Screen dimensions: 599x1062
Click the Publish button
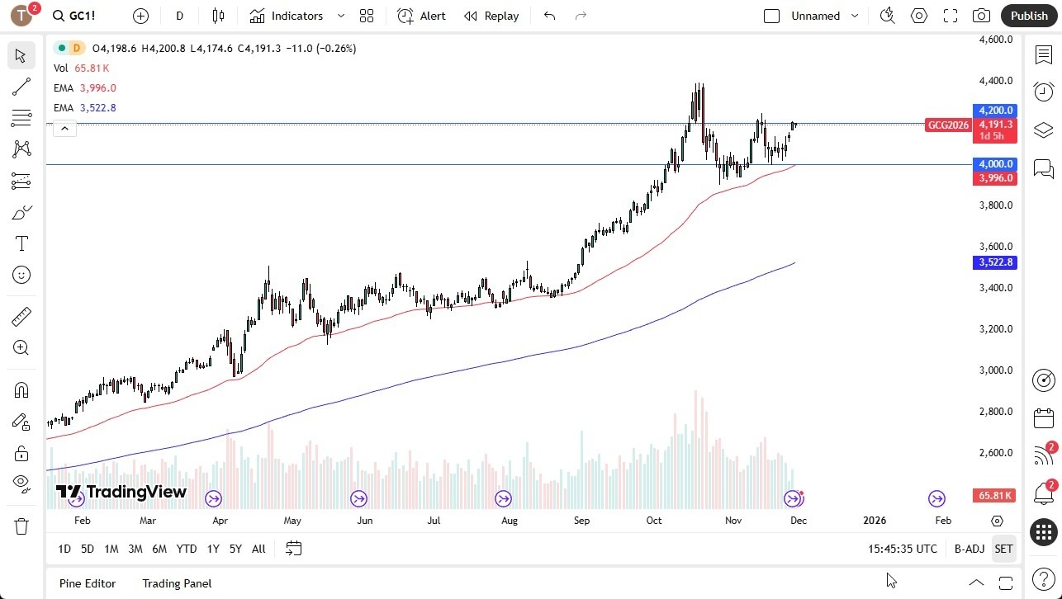[x=1028, y=16]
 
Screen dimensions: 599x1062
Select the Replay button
[x=491, y=16]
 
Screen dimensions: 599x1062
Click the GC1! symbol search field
[x=75, y=16]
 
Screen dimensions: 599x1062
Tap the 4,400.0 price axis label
[x=994, y=81]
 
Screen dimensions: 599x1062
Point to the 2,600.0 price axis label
[x=994, y=453]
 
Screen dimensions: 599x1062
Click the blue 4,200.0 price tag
[x=996, y=111]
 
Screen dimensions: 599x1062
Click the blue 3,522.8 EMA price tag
[x=996, y=262]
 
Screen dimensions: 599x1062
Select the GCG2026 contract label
[x=947, y=125]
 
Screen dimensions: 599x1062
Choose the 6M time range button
[x=159, y=549]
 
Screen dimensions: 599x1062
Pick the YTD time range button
[x=187, y=549]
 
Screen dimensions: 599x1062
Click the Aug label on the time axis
[x=510, y=521]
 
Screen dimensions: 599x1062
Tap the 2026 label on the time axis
[x=875, y=521]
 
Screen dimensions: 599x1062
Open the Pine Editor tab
[x=88, y=583]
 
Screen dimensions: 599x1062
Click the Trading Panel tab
[x=177, y=583]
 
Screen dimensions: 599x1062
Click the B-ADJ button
[x=969, y=549]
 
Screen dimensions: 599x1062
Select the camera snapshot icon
[x=981, y=16]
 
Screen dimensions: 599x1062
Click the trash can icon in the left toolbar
[x=21, y=526]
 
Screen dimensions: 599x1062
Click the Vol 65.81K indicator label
[x=81, y=68]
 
